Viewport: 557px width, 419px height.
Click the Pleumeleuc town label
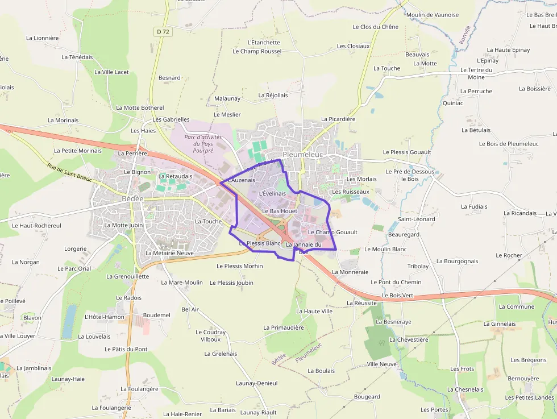pyautogui.click(x=302, y=155)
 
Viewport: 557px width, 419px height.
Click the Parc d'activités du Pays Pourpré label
pyautogui.click(x=203, y=144)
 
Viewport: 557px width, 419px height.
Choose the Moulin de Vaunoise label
pyautogui.click(x=433, y=15)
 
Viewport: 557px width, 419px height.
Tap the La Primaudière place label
pyautogui.click(x=284, y=327)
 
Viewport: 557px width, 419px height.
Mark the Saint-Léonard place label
pyautogui.click(x=416, y=219)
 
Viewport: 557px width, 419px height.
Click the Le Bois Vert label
pyautogui.click(x=398, y=296)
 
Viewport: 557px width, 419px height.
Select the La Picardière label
pyautogui.click(x=338, y=119)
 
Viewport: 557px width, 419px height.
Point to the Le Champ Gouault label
pyautogui.click(x=332, y=232)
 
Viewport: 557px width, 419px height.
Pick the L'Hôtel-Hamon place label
pyautogui.click(x=104, y=317)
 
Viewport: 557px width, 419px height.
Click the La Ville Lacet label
pyautogui.click(x=111, y=72)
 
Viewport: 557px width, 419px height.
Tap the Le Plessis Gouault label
pyautogui.click(x=407, y=152)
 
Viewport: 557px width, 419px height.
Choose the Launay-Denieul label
pyautogui.click(x=257, y=383)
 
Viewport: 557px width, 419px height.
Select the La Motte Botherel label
pyautogui.click(x=140, y=107)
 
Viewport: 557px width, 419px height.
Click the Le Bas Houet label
pyautogui.click(x=280, y=211)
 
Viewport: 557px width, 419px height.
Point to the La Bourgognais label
pyautogui.click(x=457, y=262)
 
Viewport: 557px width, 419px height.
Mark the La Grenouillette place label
pyautogui.click(x=124, y=276)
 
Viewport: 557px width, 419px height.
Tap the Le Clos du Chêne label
pyautogui.click(x=375, y=27)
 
